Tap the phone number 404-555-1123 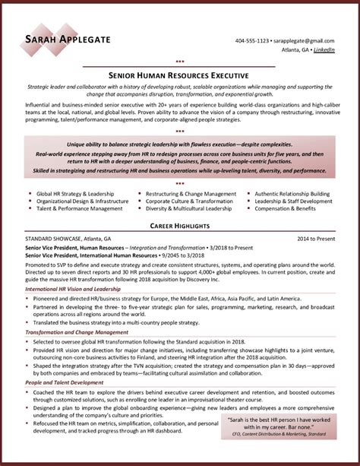(251, 40)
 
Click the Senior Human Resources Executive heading (179, 76)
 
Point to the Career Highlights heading (179, 227)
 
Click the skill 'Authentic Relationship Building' (292, 194)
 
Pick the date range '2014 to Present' (316, 239)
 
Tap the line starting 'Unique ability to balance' (179, 144)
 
